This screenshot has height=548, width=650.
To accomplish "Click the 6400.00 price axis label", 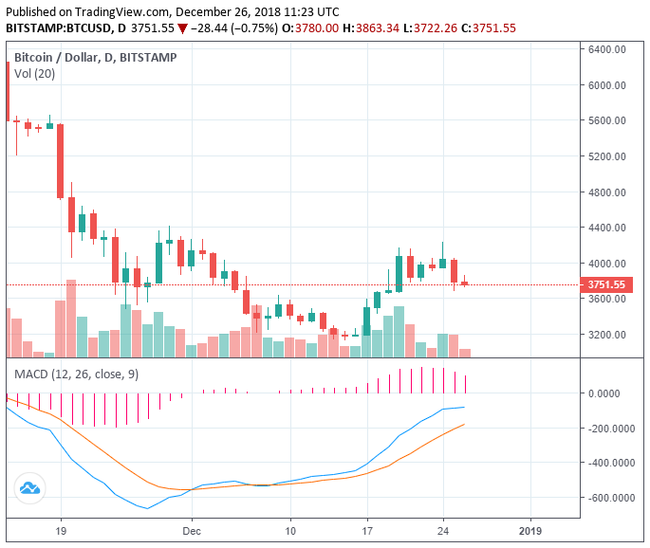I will point(607,49).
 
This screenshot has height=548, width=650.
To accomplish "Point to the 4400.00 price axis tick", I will point(607,228).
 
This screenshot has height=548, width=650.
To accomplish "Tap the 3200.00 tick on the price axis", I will point(607,335).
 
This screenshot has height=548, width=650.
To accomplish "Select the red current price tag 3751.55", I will point(606,284).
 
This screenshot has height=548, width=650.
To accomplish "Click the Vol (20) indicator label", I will point(34,75).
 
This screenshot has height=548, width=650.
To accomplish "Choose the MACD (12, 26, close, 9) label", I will point(76,374).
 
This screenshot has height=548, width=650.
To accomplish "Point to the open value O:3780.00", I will point(313,28).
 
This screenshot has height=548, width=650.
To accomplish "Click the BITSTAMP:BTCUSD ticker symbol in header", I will point(55,28).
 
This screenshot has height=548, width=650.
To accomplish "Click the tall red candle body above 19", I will point(60,161).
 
